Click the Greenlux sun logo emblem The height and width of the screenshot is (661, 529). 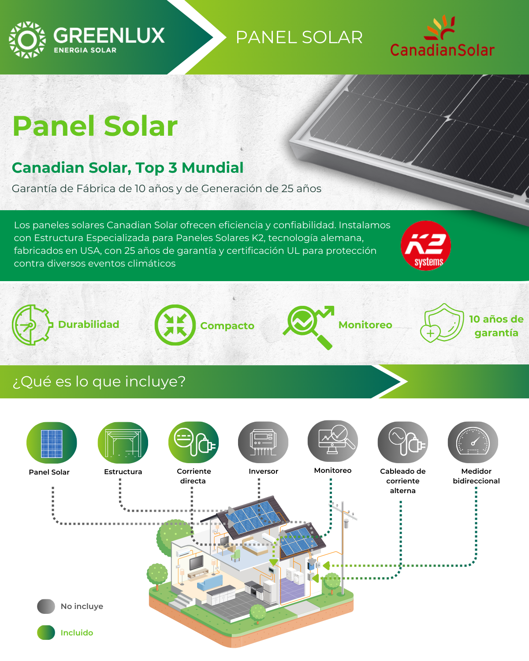click(x=27, y=40)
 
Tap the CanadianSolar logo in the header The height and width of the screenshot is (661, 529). click(x=442, y=36)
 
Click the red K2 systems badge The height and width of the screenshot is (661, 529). click(x=426, y=245)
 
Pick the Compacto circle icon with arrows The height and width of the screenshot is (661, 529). click(x=175, y=325)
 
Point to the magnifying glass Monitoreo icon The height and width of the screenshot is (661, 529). click(x=308, y=327)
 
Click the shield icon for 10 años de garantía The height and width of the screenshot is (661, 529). click(x=442, y=323)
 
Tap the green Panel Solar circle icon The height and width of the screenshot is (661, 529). click(x=52, y=442)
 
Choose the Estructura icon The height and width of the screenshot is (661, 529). click(x=123, y=442)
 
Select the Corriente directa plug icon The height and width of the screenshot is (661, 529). click(x=194, y=442)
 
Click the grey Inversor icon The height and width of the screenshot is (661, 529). click(x=263, y=442)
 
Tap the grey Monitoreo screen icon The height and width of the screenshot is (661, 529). click(x=333, y=441)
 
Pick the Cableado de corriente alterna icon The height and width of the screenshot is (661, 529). click(x=402, y=442)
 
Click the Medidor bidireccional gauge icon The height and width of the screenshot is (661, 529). click(x=473, y=442)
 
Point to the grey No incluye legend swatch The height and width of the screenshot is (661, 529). click(x=46, y=606)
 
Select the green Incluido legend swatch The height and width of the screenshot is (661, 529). click(x=46, y=632)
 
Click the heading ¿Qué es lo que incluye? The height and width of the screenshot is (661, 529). click(x=99, y=382)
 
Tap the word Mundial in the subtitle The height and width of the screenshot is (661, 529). click(x=213, y=168)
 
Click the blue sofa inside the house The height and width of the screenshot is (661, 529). click(x=210, y=581)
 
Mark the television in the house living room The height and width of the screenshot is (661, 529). click(x=196, y=562)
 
